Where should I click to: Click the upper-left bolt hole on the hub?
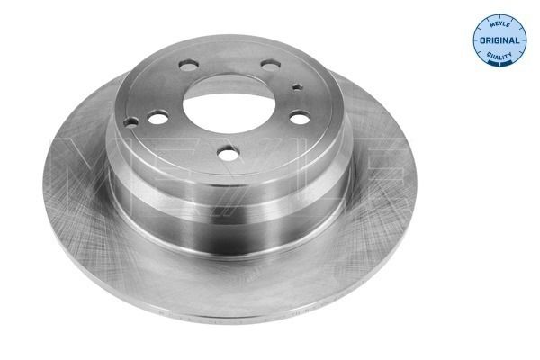click(189, 66)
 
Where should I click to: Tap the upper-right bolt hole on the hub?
click(270, 65)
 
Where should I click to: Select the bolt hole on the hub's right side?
click(300, 117)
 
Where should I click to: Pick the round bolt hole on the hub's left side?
click(159, 116)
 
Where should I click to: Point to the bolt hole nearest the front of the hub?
click(229, 154)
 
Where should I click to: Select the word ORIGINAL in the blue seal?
click(500, 40)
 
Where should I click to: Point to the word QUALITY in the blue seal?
click(500, 56)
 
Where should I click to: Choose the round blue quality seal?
click(500, 40)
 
